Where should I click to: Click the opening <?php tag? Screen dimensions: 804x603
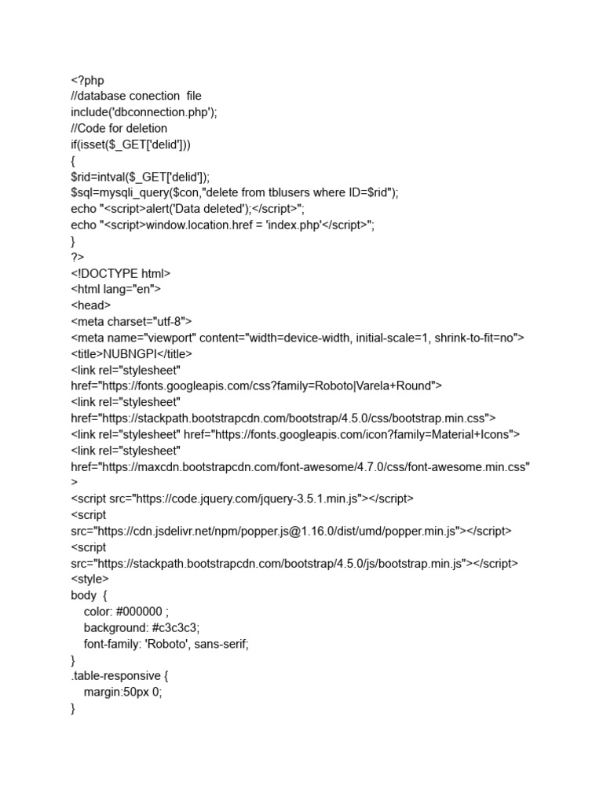(x=87, y=80)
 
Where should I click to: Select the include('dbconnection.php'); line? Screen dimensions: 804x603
(x=144, y=112)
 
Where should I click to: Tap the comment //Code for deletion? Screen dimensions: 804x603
(x=119, y=128)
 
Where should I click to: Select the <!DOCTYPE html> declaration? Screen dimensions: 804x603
(x=120, y=273)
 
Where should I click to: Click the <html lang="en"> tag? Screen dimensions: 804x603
(x=115, y=289)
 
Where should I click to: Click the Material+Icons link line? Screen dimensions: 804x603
(x=295, y=433)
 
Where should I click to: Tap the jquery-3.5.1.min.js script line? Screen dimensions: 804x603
(x=242, y=499)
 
